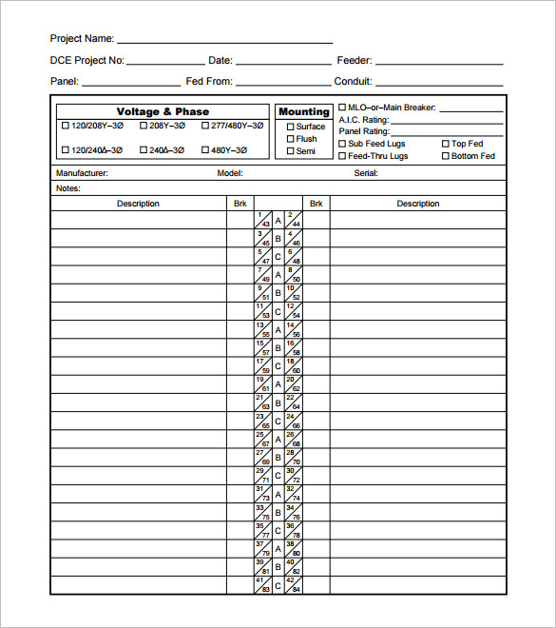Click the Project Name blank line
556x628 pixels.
(224, 42)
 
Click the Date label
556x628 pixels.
(220, 61)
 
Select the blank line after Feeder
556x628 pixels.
(439, 63)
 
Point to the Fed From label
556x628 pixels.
(208, 82)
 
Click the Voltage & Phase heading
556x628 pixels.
(163, 111)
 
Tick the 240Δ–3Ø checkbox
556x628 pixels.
(143, 150)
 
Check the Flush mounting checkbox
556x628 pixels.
(291, 139)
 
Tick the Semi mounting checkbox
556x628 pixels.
(291, 151)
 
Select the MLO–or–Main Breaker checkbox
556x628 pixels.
(342, 108)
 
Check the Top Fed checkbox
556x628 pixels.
(446, 145)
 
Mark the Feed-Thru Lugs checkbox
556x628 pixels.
(342, 156)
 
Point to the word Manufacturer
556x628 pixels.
(82, 173)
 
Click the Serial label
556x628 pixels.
(366, 173)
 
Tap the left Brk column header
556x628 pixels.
(240, 204)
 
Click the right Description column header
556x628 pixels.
(418, 204)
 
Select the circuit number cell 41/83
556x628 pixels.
(263, 585)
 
